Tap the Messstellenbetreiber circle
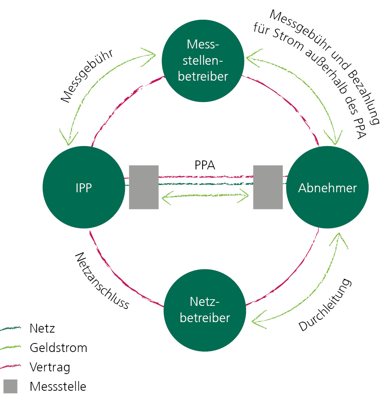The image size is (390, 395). click(x=203, y=60)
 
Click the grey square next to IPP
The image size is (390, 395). click(x=144, y=187)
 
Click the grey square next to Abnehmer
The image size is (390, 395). click(x=268, y=187)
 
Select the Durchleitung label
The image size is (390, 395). click(x=325, y=305)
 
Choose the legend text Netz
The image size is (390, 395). click(x=42, y=329)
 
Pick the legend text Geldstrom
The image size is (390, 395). click(x=58, y=348)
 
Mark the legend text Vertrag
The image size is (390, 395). click(x=50, y=367)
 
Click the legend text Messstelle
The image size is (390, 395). click(x=58, y=386)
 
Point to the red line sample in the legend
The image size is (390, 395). click(x=10, y=366)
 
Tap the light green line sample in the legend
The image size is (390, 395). click(x=10, y=347)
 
